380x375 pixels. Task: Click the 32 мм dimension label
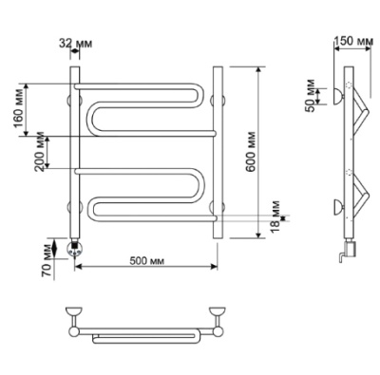point(76,44)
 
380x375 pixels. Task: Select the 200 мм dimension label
point(40,151)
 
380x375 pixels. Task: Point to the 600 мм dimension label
point(251,151)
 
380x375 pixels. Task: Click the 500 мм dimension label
point(147,260)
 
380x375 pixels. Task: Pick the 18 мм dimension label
point(275,217)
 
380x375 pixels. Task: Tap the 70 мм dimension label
point(47,261)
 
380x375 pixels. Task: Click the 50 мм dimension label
point(311,95)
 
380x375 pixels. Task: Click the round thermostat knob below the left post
point(75,249)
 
